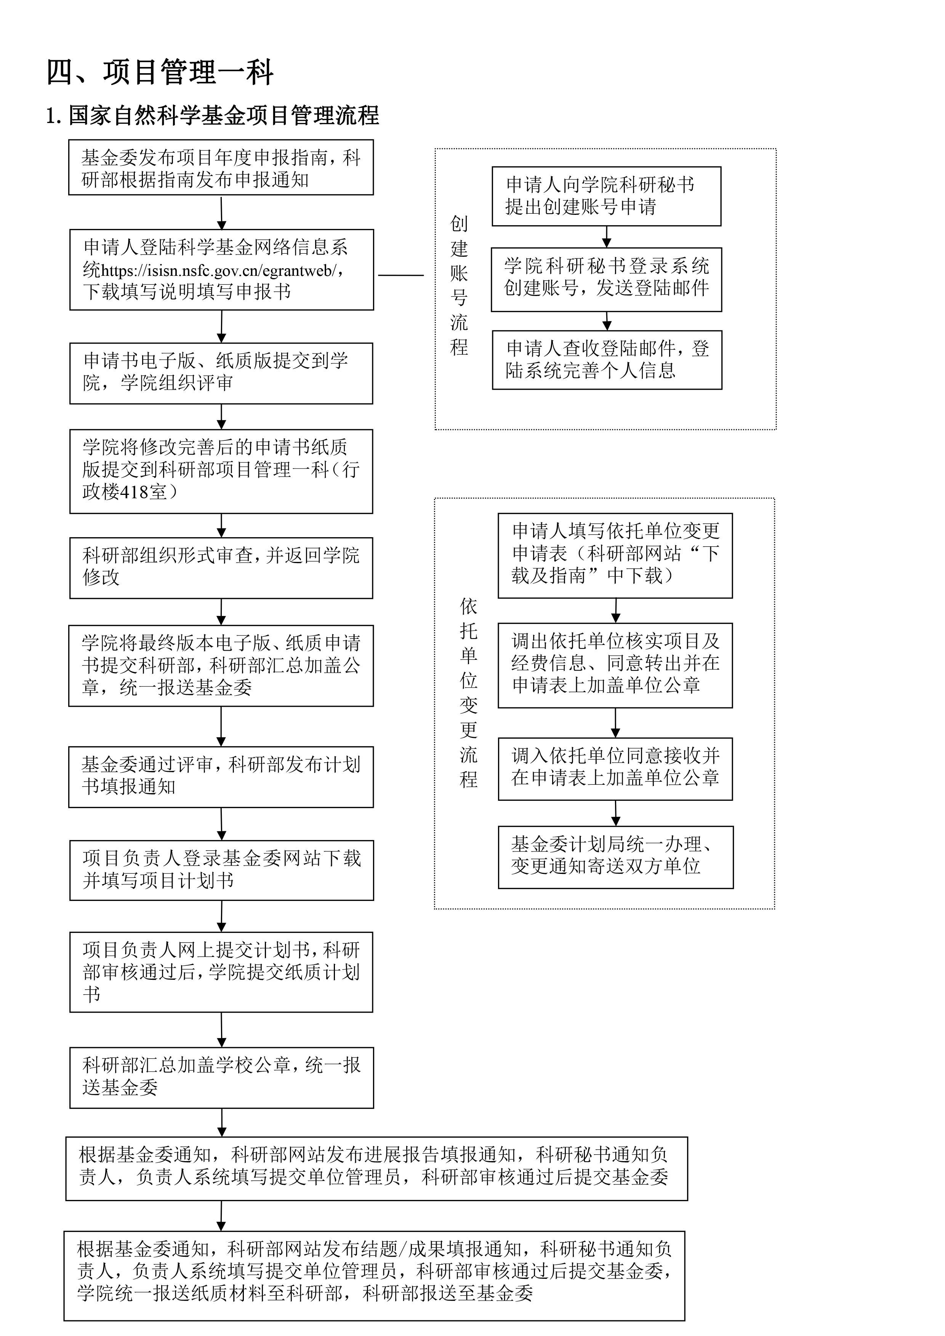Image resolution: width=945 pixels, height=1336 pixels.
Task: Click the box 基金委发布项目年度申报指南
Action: [221, 168]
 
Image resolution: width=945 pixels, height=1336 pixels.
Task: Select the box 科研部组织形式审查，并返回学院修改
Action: [221, 568]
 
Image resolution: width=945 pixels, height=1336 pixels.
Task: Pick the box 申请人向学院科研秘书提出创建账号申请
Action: [606, 196]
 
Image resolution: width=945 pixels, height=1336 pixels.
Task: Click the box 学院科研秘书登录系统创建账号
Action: [606, 279]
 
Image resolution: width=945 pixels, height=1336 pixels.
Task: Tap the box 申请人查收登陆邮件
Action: [607, 360]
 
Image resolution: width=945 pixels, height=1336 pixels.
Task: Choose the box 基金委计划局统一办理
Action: [616, 857]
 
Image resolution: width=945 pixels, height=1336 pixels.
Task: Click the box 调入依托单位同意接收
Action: [615, 769]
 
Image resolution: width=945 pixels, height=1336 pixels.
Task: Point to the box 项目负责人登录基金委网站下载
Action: [222, 870]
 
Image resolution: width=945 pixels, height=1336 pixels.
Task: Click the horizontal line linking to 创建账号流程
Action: [401, 275]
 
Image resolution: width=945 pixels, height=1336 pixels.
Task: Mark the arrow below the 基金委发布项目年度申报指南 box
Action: [221, 213]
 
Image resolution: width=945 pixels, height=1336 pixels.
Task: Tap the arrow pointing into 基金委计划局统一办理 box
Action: [616, 813]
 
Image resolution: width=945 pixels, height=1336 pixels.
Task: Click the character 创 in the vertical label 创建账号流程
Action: [459, 224]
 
